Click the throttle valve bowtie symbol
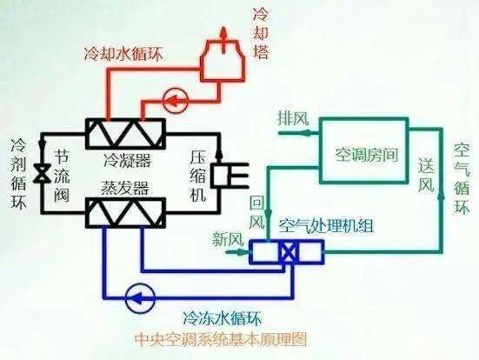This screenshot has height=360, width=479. point(42,173)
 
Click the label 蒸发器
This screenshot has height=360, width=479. point(125,188)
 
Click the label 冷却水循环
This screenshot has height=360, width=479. point(123,54)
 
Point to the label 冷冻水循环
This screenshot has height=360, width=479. point(222,318)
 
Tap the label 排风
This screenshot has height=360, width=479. point(293,118)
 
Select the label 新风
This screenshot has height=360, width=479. point(228,238)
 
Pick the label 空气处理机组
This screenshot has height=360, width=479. point(325,226)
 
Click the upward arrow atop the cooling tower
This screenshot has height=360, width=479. point(223,39)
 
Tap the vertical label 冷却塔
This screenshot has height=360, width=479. point(261,33)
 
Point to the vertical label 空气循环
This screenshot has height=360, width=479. point(462,178)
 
